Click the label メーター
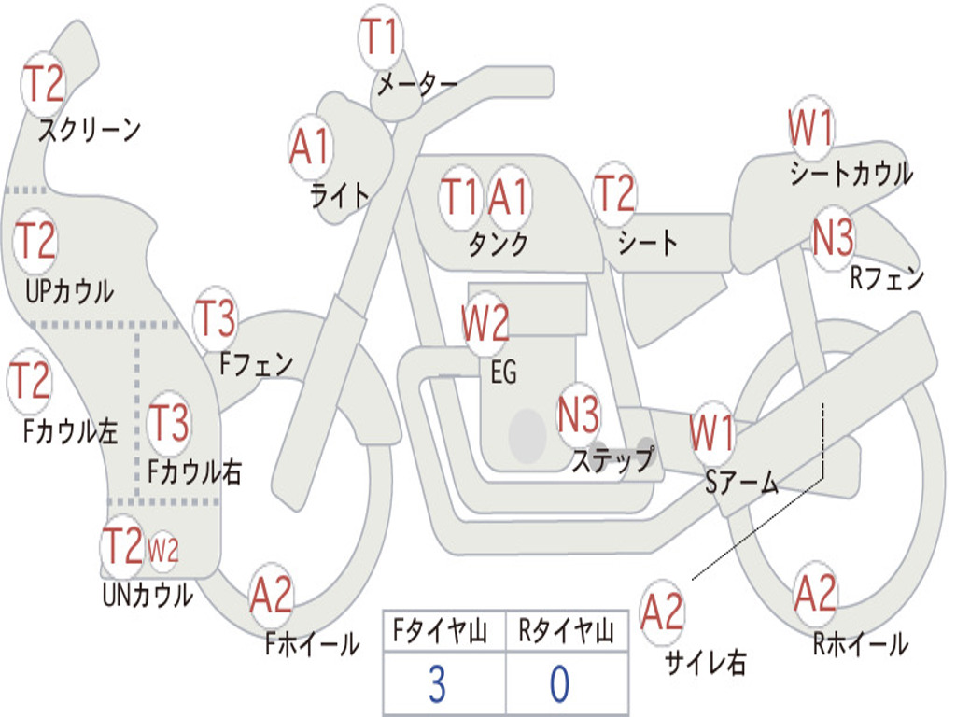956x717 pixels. [416, 84]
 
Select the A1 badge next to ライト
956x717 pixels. [310, 148]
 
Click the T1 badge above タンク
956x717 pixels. [459, 197]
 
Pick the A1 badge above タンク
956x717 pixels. [509, 197]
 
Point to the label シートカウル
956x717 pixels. [851, 174]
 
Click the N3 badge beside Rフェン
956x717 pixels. [832, 238]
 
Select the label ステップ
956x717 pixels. [612, 459]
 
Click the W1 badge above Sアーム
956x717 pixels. [712, 432]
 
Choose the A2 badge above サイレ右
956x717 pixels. [662, 612]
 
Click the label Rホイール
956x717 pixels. [860, 643]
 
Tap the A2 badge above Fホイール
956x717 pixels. [271, 595]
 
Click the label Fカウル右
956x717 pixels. [195, 471]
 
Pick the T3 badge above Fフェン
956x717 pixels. [216, 319]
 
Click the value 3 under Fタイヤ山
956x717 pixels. [436, 684]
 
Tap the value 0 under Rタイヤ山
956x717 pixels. [559, 684]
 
